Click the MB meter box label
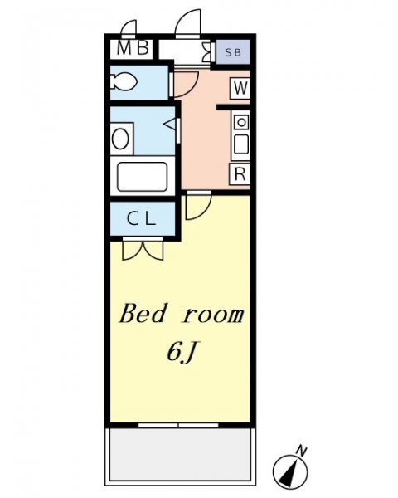click(x=133, y=49)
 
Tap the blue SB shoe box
click(x=233, y=51)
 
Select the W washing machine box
click(x=240, y=88)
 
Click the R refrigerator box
click(x=240, y=173)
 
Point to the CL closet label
click(x=142, y=218)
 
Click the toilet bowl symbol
click(x=124, y=81)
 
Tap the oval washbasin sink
click(x=120, y=139)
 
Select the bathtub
click(x=142, y=177)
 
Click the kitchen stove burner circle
click(x=241, y=122)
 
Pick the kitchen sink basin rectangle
click(x=241, y=144)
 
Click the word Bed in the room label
click(x=143, y=314)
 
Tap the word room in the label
click(x=214, y=315)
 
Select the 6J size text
click(x=180, y=352)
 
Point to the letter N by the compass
click(x=302, y=452)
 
